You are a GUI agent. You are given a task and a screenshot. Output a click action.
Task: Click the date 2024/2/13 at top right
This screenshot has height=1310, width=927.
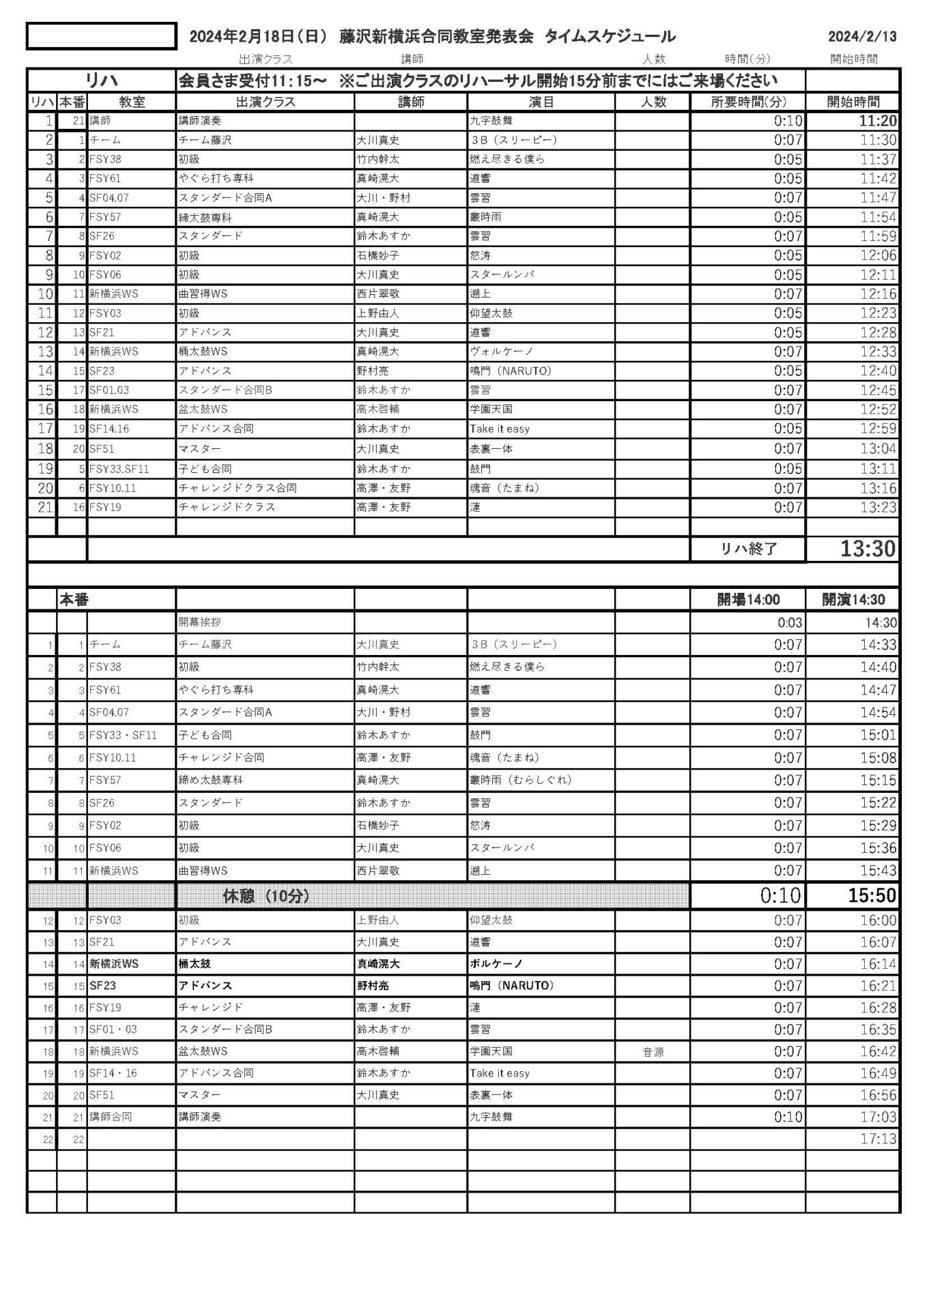click(862, 37)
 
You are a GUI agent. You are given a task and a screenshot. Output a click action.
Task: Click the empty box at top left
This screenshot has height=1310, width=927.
click(101, 36)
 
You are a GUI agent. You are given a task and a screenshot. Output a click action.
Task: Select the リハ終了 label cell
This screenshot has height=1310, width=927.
click(749, 549)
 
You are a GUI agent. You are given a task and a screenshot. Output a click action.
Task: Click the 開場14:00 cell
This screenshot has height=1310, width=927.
click(748, 600)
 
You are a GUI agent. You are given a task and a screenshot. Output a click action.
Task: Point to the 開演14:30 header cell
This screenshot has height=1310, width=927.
click(853, 600)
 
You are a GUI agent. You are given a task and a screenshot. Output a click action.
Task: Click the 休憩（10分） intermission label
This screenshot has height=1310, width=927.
click(266, 896)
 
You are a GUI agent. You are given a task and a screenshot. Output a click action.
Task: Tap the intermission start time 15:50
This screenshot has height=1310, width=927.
click(872, 896)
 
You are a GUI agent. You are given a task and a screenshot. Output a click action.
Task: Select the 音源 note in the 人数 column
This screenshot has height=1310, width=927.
click(653, 1052)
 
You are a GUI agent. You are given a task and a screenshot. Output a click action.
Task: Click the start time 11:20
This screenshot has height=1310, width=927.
click(878, 121)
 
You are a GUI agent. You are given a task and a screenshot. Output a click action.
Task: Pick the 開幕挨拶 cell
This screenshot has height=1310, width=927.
click(200, 622)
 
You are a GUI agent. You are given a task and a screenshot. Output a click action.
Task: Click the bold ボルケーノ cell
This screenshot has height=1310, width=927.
click(496, 964)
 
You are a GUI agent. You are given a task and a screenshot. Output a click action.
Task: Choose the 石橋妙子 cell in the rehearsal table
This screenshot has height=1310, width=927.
click(378, 256)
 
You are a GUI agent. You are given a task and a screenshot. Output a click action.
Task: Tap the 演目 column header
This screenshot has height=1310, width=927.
click(541, 102)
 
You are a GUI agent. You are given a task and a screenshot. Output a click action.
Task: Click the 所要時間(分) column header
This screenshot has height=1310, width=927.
click(748, 102)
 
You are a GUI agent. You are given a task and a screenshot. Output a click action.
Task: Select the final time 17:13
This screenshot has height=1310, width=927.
click(878, 1139)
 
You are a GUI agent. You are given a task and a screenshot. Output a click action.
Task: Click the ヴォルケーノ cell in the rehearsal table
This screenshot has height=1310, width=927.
click(502, 352)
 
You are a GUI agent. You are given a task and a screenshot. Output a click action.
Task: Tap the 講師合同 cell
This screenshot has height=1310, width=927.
click(111, 1117)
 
